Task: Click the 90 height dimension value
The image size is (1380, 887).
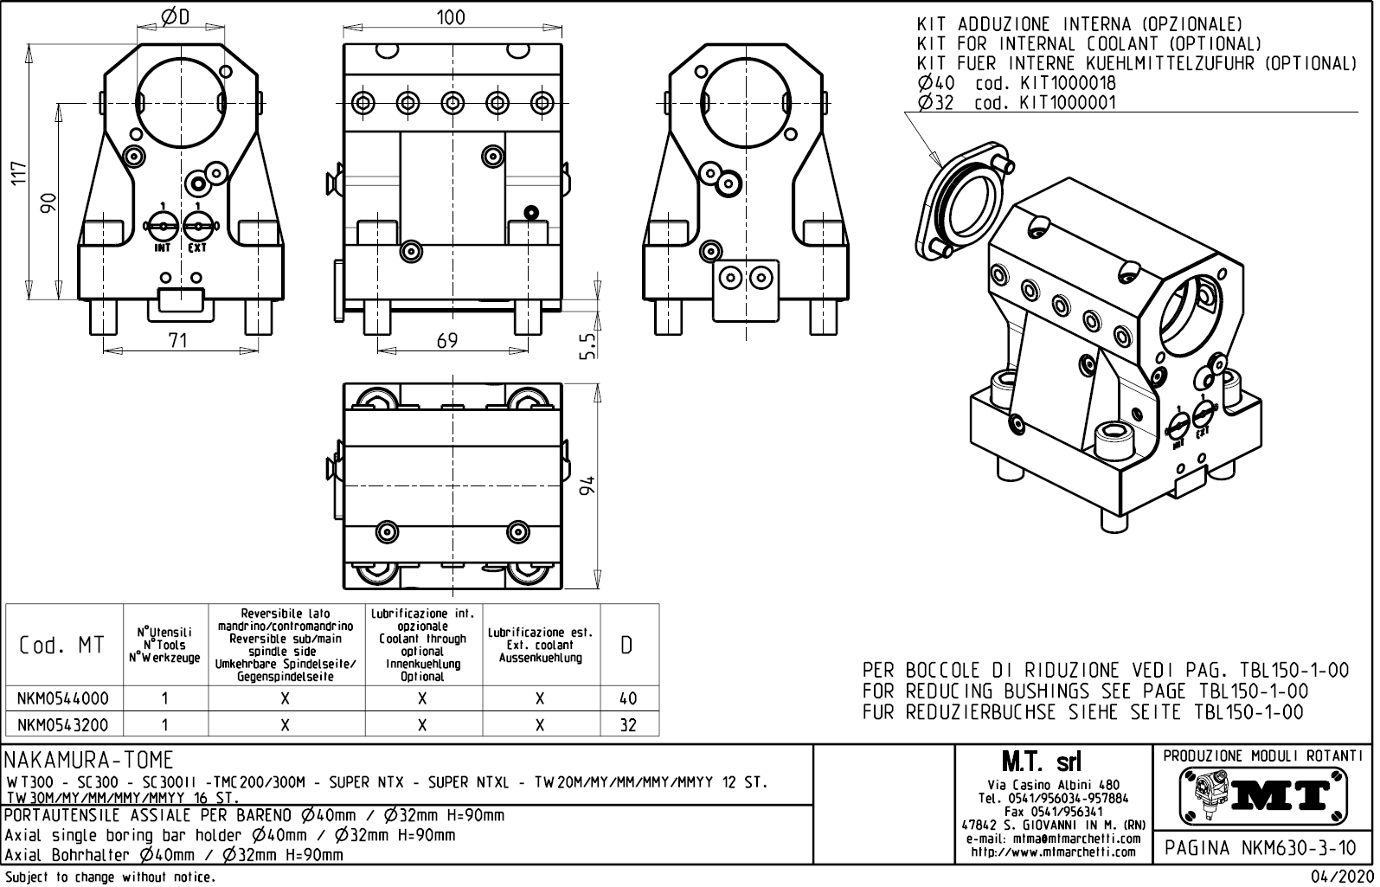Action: point(49,202)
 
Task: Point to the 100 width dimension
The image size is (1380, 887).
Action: point(450,17)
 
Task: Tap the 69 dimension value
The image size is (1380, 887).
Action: point(446,340)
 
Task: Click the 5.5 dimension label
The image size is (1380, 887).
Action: point(587,346)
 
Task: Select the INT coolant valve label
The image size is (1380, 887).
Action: point(162,247)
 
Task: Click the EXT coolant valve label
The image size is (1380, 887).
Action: point(197,247)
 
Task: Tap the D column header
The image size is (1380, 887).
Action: point(628,646)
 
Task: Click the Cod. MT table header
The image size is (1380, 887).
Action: point(61,646)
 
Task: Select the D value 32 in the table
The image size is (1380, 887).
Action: point(628,725)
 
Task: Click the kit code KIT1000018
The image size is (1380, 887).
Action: point(1068,84)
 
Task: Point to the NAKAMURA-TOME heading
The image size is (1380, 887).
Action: point(89,761)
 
